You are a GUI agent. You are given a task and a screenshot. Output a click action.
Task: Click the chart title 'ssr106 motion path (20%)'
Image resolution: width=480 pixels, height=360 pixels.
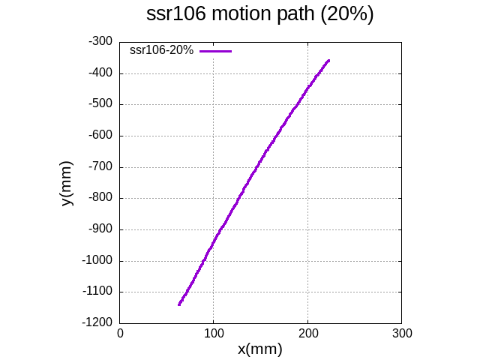(x=259, y=15)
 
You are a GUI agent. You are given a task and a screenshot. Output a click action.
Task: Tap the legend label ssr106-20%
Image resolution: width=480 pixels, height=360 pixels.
(x=162, y=50)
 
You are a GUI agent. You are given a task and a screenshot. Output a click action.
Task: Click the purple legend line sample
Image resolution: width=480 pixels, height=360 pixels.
(x=216, y=50)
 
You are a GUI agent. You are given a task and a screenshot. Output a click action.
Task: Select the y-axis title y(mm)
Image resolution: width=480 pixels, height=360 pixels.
(x=67, y=183)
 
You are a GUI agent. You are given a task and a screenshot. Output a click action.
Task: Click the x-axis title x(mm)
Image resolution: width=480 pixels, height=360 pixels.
(x=259, y=349)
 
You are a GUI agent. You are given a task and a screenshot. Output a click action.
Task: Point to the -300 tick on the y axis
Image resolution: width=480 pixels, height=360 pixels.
(x=100, y=42)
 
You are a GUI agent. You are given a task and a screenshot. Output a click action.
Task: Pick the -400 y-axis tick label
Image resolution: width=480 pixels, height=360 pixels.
(x=100, y=73)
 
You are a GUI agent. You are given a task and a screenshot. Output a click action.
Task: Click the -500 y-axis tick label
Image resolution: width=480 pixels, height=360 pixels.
(x=100, y=104)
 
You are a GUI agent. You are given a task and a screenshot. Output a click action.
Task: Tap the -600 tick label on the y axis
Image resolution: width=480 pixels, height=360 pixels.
(x=100, y=136)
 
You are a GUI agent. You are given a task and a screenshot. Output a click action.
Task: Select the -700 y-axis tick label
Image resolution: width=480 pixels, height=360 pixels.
(x=100, y=167)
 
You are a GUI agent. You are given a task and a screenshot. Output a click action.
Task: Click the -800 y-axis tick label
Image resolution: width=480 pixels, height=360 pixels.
(x=100, y=198)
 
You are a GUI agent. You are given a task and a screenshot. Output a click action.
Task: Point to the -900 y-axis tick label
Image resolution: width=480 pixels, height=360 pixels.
(x=100, y=229)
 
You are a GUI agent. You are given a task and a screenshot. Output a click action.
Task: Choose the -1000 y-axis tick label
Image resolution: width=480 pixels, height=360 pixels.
(x=97, y=261)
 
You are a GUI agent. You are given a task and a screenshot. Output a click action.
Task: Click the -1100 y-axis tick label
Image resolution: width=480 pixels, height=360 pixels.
(x=97, y=292)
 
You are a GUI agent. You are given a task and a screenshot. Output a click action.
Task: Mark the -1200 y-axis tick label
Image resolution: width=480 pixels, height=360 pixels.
(x=97, y=323)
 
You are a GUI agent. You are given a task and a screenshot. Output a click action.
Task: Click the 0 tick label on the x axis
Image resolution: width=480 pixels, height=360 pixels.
(x=120, y=331)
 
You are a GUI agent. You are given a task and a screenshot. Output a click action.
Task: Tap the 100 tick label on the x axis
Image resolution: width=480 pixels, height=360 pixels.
(x=214, y=331)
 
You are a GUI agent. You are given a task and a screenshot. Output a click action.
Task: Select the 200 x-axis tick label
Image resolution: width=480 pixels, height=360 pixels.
(x=307, y=331)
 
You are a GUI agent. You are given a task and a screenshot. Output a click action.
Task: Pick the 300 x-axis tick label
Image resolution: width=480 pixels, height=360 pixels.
(x=402, y=331)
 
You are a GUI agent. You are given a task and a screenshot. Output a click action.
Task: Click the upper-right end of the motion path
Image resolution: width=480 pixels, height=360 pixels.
(x=328, y=60)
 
